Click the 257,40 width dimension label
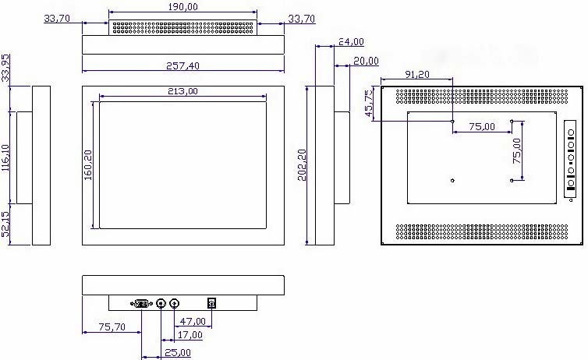(182, 66)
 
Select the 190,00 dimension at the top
(182, 7)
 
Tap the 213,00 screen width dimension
(182, 91)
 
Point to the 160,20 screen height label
(88, 165)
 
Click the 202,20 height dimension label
(303, 165)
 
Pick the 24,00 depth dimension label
(351, 41)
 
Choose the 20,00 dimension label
(366, 61)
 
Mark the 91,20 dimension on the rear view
(417, 74)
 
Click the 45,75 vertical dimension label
(370, 102)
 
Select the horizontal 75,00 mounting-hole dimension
(482, 126)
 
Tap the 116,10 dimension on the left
(6, 157)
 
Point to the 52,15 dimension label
(6, 224)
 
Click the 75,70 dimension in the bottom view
(112, 326)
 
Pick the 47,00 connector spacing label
(193, 321)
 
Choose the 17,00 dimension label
(190, 334)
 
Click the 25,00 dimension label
(178, 352)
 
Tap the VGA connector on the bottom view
(141, 303)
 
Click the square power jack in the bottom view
(211, 303)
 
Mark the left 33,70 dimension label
(57, 18)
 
